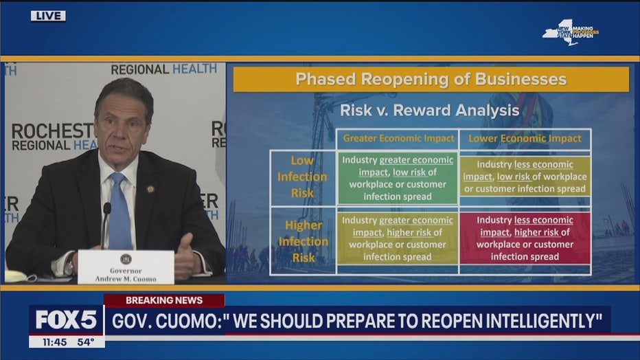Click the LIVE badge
pyautogui.click(x=48, y=16)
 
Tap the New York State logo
pyautogui.click(x=570, y=32)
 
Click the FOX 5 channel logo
pyautogui.click(x=66, y=319)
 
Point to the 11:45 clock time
pyautogui.click(x=54, y=342)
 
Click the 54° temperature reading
pyautogui.click(x=86, y=342)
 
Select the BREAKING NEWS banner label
pyautogui.click(x=164, y=300)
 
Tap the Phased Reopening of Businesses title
pyautogui.click(x=431, y=79)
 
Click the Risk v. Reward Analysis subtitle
pyautogui.click(x=430, y=110)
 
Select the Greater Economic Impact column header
pyautogui.click(x=398, y=138)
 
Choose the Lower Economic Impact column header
pyautogui.click(x=525, y=138)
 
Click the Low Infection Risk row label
pyautogui.click(x=302, y=177)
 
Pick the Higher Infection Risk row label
pyautogui.click(x=304, y=241)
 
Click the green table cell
pyautogui.click(x=398, y=179)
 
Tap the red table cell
pyautogui.click(x=525, y=238)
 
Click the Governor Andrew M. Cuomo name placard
pyautogui.click(x=126, y=267)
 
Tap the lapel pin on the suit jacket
pyautogui.click(x=150, y=189)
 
